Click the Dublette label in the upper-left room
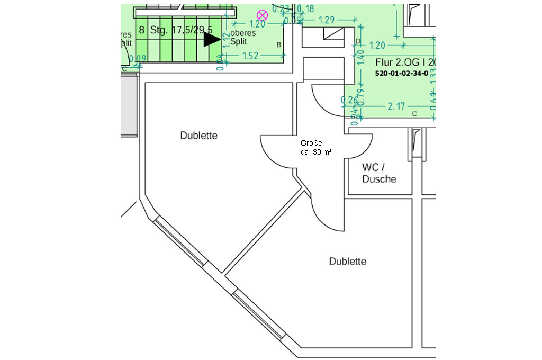(x=198, y=136)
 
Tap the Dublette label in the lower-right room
(x=348, y=262)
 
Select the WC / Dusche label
(x=379, y=173)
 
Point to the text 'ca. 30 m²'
(x=316, y=152)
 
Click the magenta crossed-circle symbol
(x=262, y=15)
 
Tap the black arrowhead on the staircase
(x=212, y=39)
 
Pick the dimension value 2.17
(x=396, y=106)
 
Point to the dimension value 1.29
(x=327, y=20)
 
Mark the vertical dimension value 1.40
(x=362, y=56)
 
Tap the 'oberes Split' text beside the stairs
(x=243, y=37)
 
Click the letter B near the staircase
(x=279, y=45)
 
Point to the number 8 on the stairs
(x=141, y=30)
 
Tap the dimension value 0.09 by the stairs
(x=140, y=58)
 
